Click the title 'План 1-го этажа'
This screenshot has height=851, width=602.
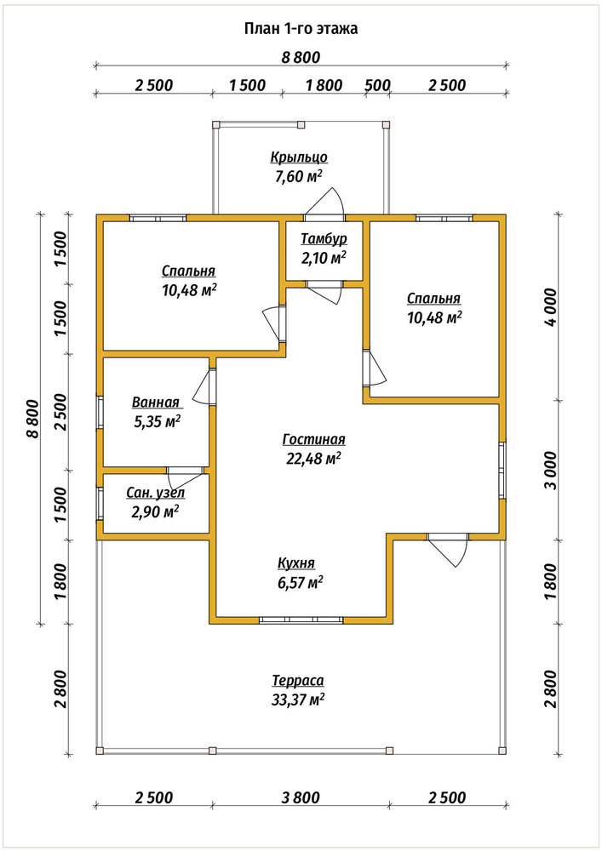pyautogui.click(x=301, y=29)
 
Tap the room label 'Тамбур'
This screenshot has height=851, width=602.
pyautogui.click(x=324, y=239)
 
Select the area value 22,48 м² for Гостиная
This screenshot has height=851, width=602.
pyautogui.click(x=313, y=459)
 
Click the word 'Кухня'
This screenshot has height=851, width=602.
pyautogui.click(x=295, y=563)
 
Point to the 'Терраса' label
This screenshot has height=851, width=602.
pyautogui.click(x=298, y=681)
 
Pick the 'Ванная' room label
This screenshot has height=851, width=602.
pyautogui.click(x=155, y=403)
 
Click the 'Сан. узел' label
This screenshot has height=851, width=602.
pyautogui.click(x=155, y=493)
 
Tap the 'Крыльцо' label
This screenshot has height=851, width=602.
pyautogui.click(x=299, y=157)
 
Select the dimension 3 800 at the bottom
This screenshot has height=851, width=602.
pyautogui.click(x=301, y=797)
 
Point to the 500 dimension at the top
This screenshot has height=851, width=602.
pyautogui.click(x=377, y=85)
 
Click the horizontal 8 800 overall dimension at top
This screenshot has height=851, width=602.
pyautogui.click(x=301, y=57)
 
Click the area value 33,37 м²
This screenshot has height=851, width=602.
pyautogui.click(x=298, y=700)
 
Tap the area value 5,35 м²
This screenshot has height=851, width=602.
pyautogui.click(x=157, y=422)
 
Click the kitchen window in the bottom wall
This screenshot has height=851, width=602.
pyautogui.click(x=301, y=620)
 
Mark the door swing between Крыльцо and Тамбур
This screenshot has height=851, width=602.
pyautogui.click(x=326, y=202)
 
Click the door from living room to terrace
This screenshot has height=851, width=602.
pyautogui.click(x=449, y=549)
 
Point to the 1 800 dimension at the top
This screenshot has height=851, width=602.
pyautogui.click(x=324, y=85)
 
